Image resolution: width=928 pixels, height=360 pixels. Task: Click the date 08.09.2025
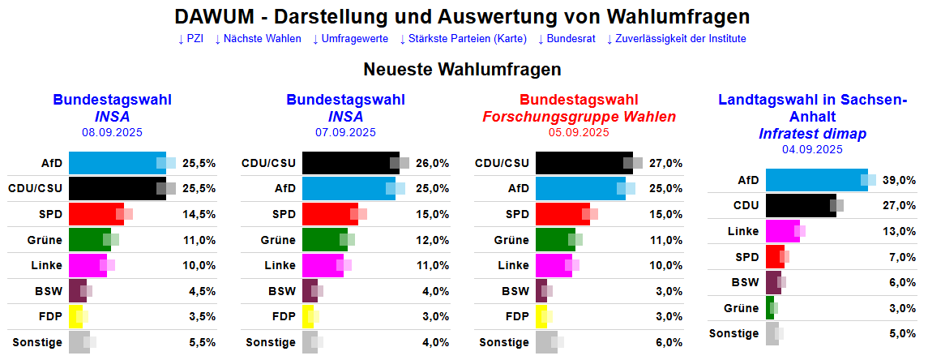pos(112,131)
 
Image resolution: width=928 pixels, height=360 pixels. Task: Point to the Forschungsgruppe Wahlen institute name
pos(579,117)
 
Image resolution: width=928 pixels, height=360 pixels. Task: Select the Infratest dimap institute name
pos(812,134)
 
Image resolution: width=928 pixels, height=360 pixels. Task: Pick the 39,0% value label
pos(899,180)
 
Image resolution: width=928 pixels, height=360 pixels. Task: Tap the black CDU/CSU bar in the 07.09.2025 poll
pos(349,163)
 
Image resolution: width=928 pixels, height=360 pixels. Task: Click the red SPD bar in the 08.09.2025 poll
pos(96,214)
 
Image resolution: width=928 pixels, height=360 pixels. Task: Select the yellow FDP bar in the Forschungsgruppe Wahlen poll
pos(541,316)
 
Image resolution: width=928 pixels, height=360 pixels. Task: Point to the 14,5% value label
pos(199,214)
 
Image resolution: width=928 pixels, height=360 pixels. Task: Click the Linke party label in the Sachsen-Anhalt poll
pos(743,231)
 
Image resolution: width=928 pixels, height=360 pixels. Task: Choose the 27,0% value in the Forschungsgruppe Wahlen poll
pos(665,163)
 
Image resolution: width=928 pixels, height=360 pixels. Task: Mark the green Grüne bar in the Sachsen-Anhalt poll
pos(769,307)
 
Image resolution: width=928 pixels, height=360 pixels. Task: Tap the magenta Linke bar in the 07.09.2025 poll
pos(322,265)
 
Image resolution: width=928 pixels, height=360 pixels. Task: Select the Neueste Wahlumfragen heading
pos(463,70)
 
